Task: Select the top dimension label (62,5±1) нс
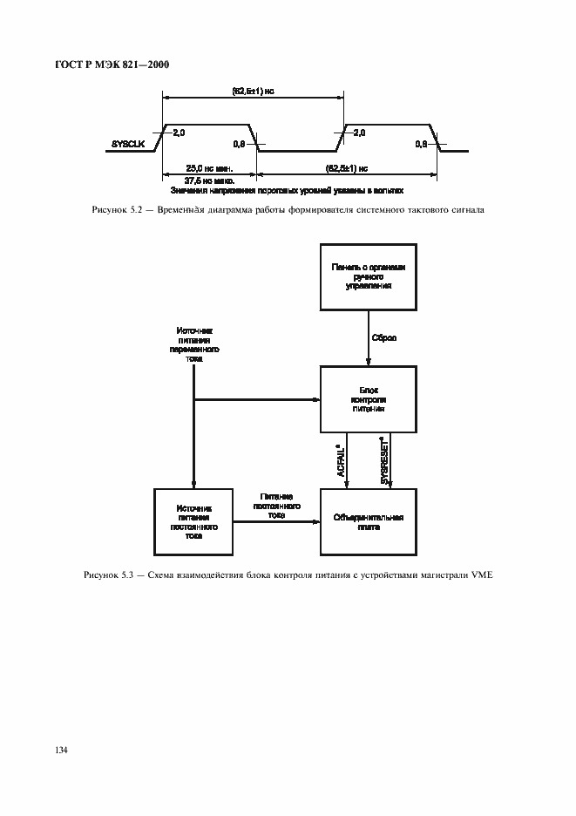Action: [253, 90]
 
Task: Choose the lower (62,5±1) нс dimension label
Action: [346, 167]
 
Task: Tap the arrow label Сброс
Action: [384, 337]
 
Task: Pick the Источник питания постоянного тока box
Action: [193, 521]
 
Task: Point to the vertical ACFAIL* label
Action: [342, 459]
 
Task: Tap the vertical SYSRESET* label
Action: [384, 459]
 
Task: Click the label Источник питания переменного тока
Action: [193, 345]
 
